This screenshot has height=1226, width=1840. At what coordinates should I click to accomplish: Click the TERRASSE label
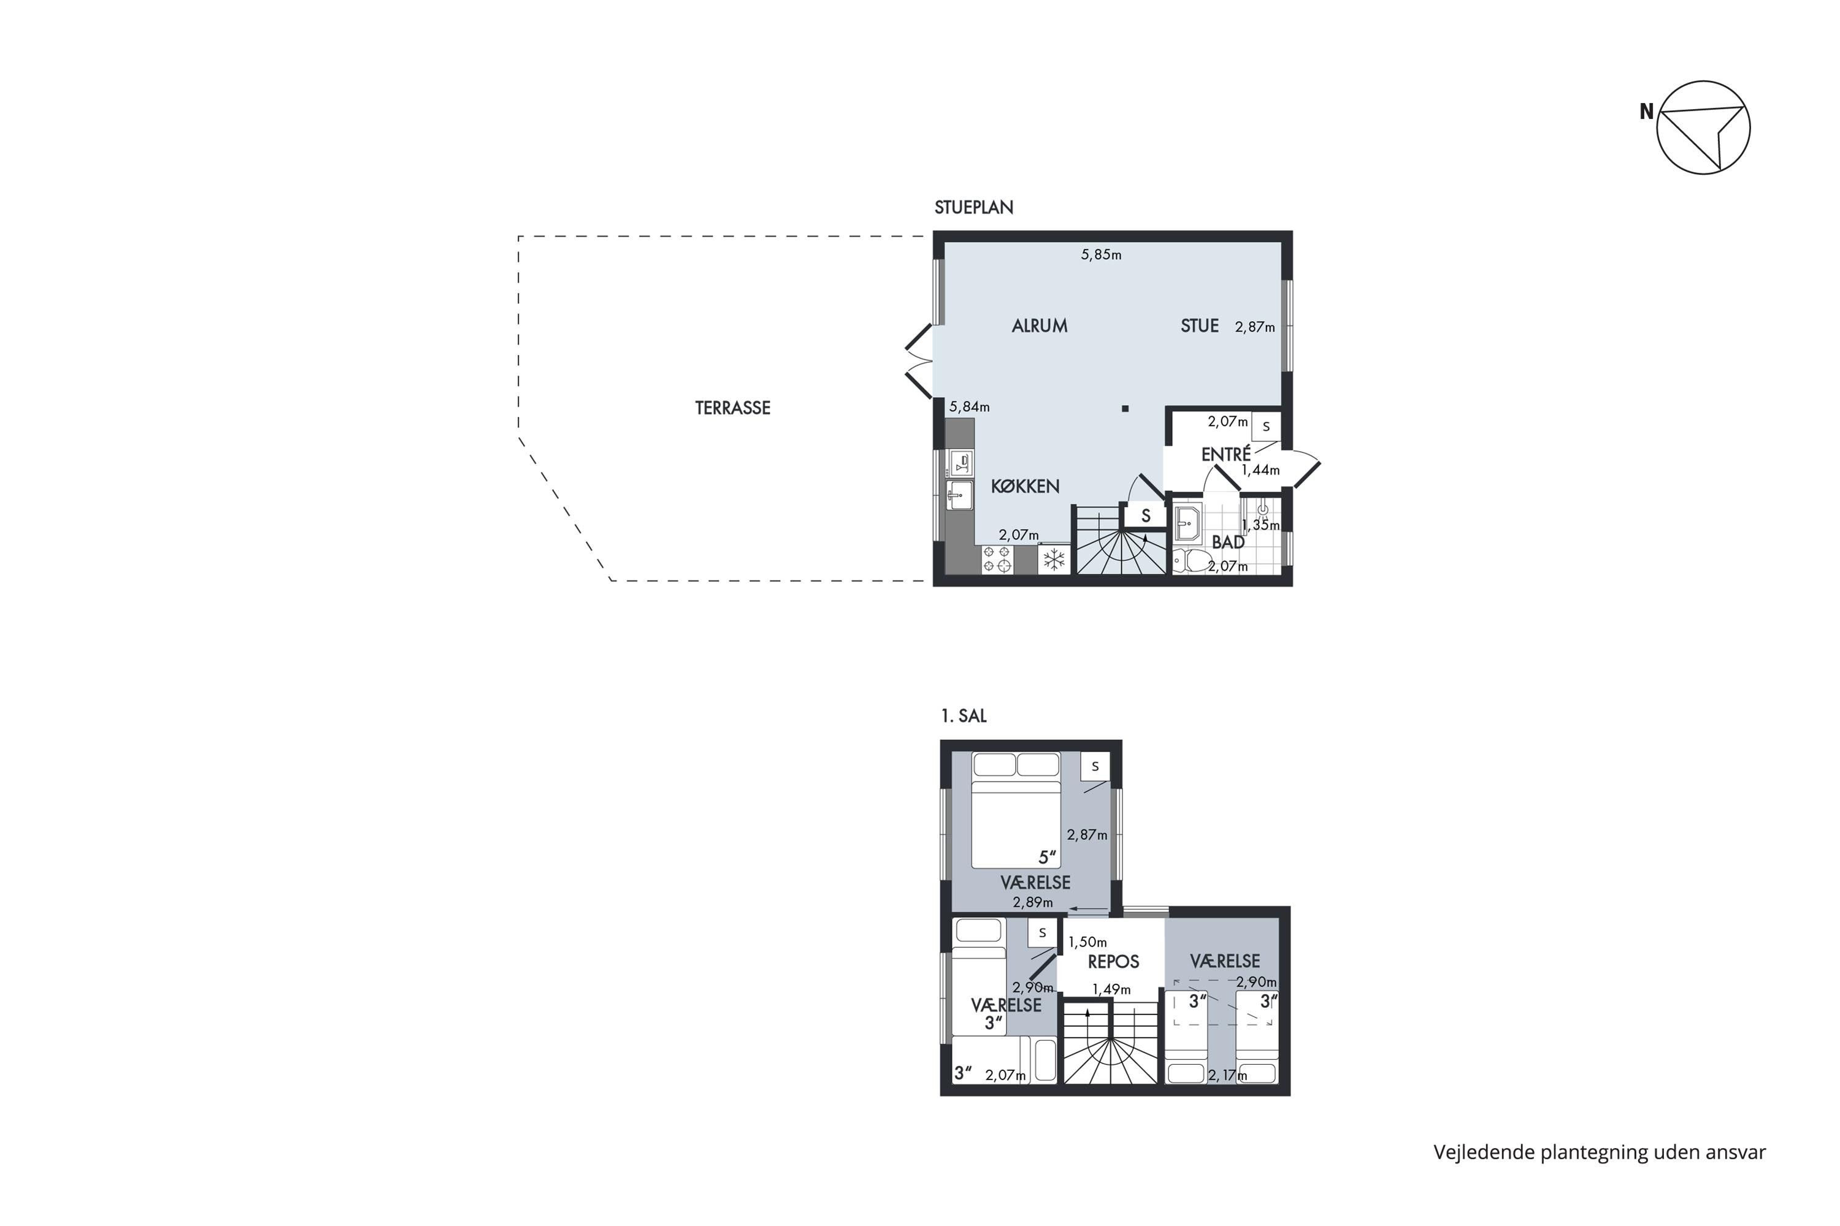[x=732, y=408]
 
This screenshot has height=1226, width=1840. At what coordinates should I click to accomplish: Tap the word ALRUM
[x=1039, y=326]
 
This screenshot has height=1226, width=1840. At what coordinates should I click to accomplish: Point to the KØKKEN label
[x=1025, y=485]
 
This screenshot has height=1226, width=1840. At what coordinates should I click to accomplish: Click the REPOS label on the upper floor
[x=1113, y=962]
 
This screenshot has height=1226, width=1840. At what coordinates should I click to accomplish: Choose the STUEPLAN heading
[x=973, y=207]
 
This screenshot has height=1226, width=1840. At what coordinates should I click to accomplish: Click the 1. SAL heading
[x=963, y=715]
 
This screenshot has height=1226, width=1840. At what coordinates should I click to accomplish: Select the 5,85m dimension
[x=1101, y=255]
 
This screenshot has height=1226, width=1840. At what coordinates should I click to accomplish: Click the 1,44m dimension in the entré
[x=1260, y=470]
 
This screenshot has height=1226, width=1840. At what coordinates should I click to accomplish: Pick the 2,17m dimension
[x=1227, y=1075]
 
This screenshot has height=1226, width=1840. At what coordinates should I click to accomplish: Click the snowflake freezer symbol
[x=1054, y=559]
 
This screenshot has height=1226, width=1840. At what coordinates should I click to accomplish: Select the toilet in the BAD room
[x=1190, y=561]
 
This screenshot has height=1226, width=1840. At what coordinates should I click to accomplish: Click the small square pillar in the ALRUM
[x=1125, y=408]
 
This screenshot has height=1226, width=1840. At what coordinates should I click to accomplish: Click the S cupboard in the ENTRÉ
[x=1266, y=427]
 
